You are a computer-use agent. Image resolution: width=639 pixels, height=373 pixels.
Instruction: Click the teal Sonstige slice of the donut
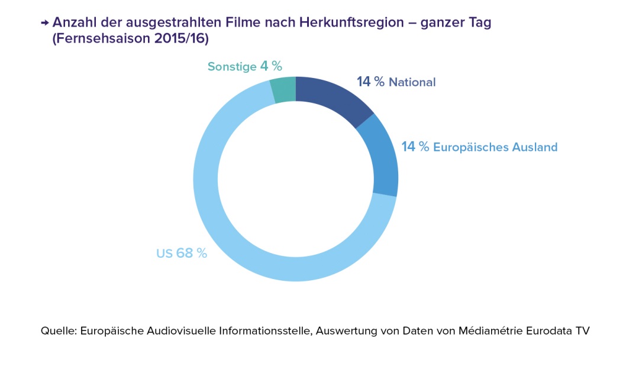pos(283,90)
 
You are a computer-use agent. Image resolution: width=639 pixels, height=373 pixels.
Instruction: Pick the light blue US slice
pos(237,236)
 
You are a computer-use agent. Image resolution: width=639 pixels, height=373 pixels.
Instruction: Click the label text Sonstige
pos(231,67)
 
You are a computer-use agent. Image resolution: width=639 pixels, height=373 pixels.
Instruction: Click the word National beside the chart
pos(412,83)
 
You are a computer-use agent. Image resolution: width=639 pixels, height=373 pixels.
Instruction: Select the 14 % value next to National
pos(370,82)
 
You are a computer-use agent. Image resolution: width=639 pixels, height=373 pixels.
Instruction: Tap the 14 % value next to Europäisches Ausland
pos(415,147)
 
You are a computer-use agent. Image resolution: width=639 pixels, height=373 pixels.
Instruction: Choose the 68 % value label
pos(192,254)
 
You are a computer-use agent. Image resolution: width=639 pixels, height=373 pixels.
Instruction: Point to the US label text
pos(164,254)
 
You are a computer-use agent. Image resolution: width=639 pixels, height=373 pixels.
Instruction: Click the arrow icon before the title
pos(44,23)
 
